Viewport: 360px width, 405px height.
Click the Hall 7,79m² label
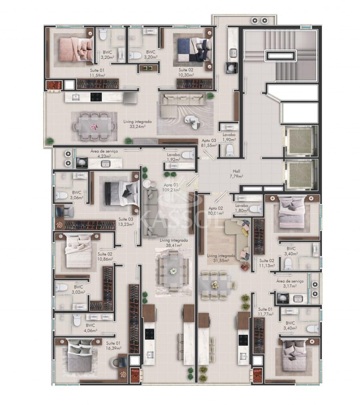236,174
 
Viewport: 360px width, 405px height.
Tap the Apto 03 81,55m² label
209,143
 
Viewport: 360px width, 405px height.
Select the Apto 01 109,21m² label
171,187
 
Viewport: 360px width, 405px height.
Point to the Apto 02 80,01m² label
216,211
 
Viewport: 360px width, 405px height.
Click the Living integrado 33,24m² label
137,124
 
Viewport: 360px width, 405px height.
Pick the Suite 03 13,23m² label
126,222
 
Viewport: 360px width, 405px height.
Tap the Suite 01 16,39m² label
113,346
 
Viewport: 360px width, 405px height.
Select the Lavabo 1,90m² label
229,137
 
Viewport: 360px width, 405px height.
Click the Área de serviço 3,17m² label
290,283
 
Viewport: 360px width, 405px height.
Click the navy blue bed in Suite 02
194,50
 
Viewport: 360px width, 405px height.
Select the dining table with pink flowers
94,126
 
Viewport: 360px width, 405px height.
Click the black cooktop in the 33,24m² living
96,97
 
